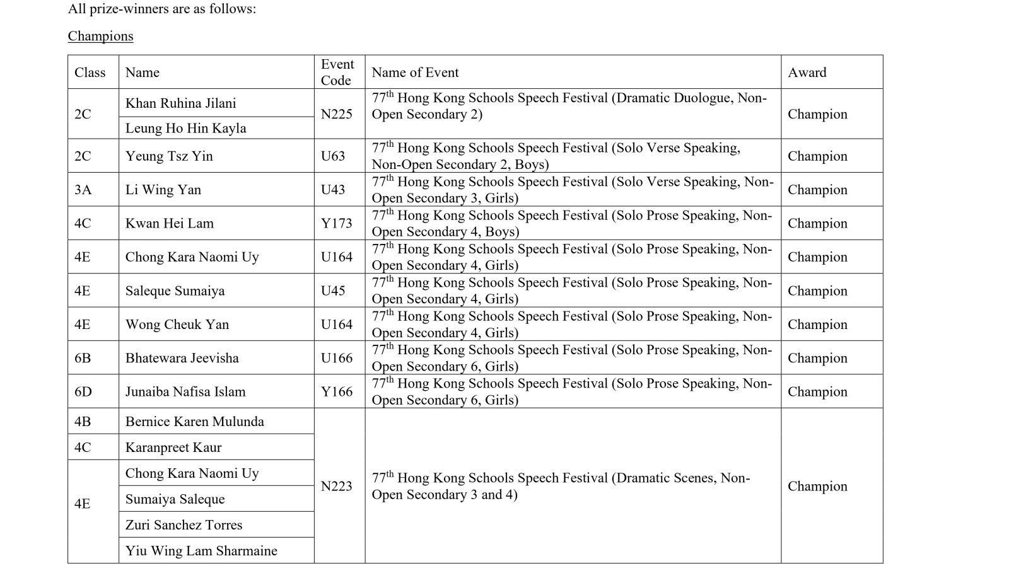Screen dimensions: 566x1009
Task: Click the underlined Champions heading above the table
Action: (x=100, y=36)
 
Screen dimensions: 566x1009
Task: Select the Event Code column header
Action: (x=337, y=72)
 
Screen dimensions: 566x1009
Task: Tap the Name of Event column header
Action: (x=415, y=72)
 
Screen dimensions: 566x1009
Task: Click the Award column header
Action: (x=807, y=72)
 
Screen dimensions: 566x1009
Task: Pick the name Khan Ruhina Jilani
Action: (x=180, y=103)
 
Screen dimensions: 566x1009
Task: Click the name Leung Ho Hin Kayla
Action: (x=185, y=128)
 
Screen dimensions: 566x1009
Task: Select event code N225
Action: (x=336, y=114)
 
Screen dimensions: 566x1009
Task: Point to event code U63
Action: (x=332, y=156)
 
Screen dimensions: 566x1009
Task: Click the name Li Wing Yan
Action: (x=163, y=190)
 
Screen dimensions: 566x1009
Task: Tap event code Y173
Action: (x=336, y=223)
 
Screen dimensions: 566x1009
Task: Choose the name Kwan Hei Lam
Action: (x=169, y=223)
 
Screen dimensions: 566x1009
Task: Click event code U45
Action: (x=332, y=291)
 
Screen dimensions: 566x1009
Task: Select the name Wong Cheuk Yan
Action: (x=177, y=325)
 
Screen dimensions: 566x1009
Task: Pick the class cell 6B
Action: (x=83, y=358)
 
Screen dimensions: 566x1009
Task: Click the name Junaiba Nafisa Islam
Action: (x=185, y=391)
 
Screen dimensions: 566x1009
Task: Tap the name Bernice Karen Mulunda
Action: (x=194, y=422)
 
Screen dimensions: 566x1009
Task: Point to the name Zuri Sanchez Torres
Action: (x=184, y=524)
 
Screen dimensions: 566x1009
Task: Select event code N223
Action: (x=336, y=486)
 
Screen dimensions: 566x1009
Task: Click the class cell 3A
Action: (x=83, y=190)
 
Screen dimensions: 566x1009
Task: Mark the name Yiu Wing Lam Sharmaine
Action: (x=201, y=550)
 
